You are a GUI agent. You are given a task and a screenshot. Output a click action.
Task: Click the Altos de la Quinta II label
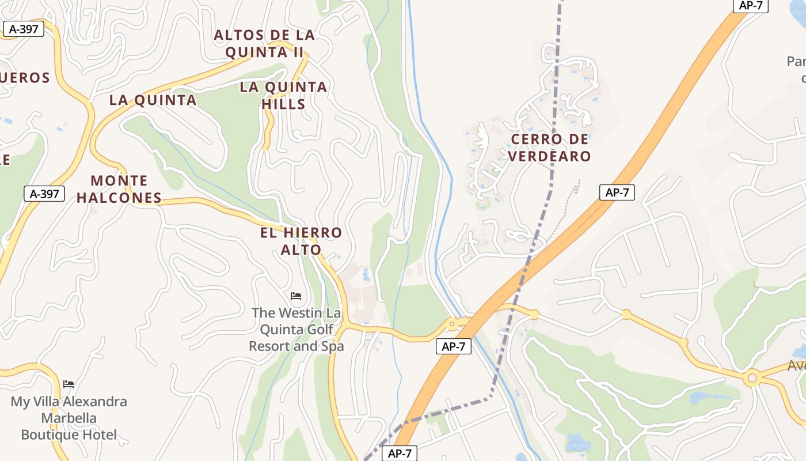point(264,43)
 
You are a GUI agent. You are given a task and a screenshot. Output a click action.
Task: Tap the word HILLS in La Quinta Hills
point(283,104)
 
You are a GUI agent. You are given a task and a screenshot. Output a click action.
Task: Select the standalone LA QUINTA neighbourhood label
point(153,100)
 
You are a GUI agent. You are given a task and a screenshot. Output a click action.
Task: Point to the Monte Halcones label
point(119,189)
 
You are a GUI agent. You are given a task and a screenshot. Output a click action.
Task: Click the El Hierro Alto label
point(301,241)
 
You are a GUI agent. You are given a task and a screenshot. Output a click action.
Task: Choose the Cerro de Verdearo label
point(550,148)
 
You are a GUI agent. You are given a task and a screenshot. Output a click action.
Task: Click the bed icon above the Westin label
point(296,296)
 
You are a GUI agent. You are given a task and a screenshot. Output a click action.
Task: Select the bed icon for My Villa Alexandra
point(69,384)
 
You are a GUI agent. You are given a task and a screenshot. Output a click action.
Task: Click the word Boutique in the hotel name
point(49,434)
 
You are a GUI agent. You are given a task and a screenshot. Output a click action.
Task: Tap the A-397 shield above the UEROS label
point(24,29)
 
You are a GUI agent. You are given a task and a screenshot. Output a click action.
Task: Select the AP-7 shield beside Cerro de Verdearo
point(617,192)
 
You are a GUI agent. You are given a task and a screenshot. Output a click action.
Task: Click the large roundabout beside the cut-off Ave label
point(751,379)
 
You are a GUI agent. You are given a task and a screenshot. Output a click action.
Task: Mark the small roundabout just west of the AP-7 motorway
point(452,324)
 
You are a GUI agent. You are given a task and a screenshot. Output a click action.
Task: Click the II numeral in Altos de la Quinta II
point(296,52)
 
